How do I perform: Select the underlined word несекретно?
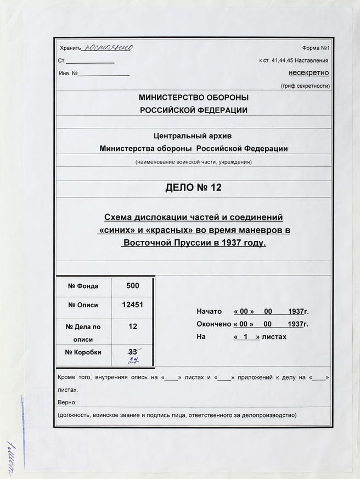pyautogui.click(x=308, y=73)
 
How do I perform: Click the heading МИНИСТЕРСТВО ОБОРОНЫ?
pyautogui.click(x=193, y=98)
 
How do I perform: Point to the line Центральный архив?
pyautogui.click(x=193, y=136)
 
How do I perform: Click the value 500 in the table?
pyautogui.click(x=132, y=285)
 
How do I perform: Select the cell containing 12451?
pyautogui.click(x=132, y=306)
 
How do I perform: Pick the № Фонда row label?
pyautogui.click(x=83, y=286)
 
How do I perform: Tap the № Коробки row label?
pyautogui.click(x=83, y=352)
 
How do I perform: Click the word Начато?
pyautogui.click(x=209, y=311)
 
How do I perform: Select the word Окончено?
pyautogui.click(x=213, y=324)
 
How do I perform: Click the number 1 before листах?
pyautogui.click(x=246, y=337)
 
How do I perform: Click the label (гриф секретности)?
pyautogui.click(x=305, y=86)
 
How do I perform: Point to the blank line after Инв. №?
pyautogui.click(x=104, y=74)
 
